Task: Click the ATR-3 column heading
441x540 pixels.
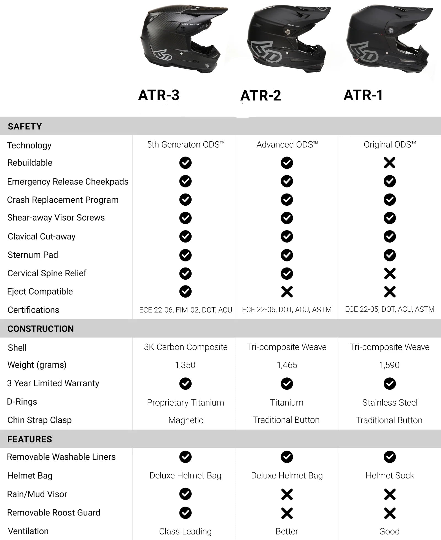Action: point(159,95)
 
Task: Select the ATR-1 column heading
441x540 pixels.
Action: point(363,95)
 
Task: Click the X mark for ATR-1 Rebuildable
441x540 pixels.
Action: point(389,163)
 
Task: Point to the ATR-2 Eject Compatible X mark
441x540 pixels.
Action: point(287,292)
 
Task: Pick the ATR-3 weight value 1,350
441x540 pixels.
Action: point(185,365)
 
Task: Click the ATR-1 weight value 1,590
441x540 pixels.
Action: point(389,365)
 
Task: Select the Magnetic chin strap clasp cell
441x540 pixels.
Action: point(185,420)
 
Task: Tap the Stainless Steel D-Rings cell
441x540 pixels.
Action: point(390,403)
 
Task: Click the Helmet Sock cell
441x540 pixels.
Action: point(390,475)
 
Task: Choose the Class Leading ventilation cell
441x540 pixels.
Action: point(185,531)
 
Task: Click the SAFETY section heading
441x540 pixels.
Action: point(25,126)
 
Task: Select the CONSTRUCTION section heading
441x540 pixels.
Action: point(41,329)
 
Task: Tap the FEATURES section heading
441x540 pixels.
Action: point(29,439)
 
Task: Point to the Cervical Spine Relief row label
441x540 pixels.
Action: point(47,273)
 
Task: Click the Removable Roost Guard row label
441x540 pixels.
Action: point(53,513)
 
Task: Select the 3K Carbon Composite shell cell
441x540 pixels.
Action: point(185,347)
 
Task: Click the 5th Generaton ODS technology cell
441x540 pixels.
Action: point(185,144)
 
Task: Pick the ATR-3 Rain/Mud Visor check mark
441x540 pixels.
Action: point(185,494)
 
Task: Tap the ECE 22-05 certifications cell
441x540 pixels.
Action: point(389,309)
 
